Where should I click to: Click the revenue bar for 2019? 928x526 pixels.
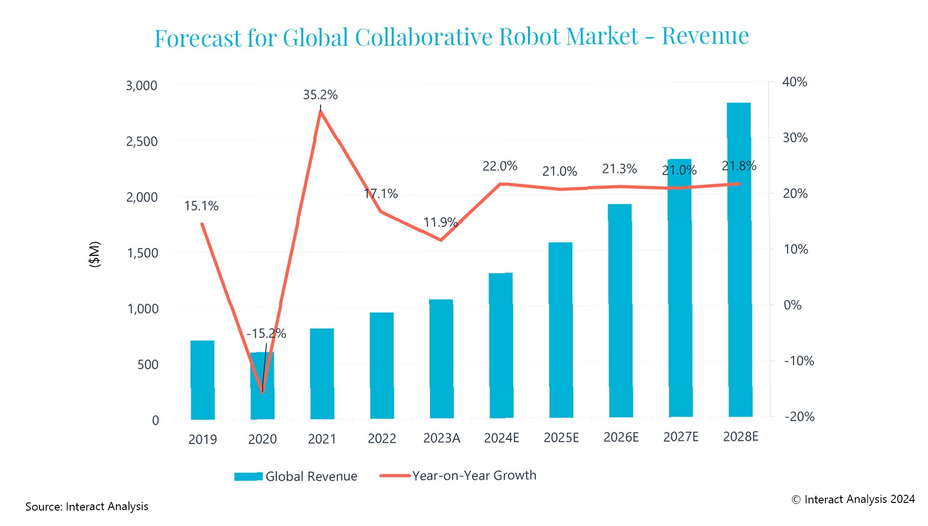(202, 380)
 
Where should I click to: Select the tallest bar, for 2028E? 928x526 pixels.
(739, 260)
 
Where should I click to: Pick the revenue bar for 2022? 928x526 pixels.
(382, 365)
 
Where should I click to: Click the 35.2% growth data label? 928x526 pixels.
(320, 95)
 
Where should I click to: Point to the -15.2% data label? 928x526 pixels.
(266, 333)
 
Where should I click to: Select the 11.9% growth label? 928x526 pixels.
(440, 222)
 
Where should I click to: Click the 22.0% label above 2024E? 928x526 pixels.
(500, 166)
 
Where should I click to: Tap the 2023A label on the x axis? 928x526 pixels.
(441, 438)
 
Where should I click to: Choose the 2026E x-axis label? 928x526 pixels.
(621, 437)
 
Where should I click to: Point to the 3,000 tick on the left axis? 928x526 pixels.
(141, 86)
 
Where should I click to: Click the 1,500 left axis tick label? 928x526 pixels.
(142, 253)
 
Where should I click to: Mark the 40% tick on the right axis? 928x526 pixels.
(794, 82)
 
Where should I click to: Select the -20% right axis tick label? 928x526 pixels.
(799, 416)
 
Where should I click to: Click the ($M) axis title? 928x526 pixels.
(95, 254)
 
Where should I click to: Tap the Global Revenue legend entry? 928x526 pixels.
(296, 476)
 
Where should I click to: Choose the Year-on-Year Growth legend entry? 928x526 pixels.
(458, 476)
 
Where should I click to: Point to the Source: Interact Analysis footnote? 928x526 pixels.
(87, 506)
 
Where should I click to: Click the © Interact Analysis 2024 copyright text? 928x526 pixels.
(853, 500)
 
